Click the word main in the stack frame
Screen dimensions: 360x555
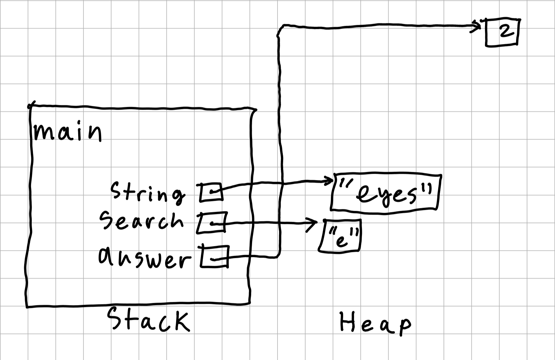(67, 133)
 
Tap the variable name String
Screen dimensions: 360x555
(148, 192)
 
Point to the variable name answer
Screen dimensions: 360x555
(144, 258)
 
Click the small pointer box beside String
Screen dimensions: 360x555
(211, 192)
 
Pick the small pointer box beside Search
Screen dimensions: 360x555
(212, 223)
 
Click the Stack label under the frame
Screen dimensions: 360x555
(148, 320)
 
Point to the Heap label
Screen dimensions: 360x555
(375, 323)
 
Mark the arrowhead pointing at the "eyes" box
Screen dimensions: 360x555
(330, 180)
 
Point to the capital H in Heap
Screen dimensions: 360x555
(348, 322)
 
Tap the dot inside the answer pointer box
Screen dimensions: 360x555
(213, 259)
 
